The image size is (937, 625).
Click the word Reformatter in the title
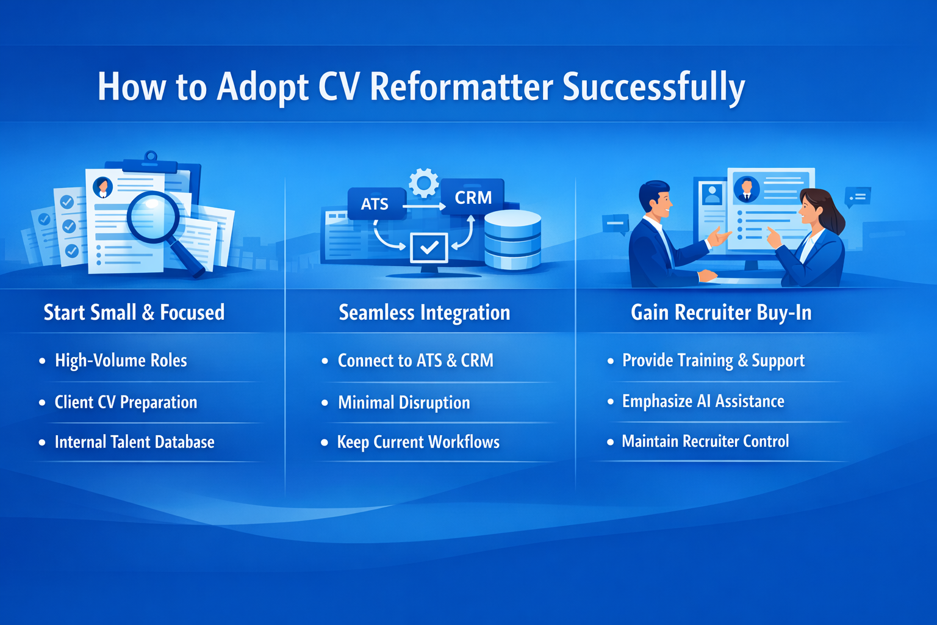pos(461,87)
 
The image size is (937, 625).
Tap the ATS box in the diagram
pos(376,204)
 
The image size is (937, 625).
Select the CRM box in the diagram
pos(473,197)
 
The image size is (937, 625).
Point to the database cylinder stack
pos(512,239)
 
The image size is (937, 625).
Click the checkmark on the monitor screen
pos(429,247)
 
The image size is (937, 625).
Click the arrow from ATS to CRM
pos(424,206)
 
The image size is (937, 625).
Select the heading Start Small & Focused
pos(134,312)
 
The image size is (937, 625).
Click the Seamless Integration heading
pos(425,312)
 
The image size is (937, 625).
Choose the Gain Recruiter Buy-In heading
pos(721,312)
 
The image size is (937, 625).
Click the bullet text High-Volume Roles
pos(121,361)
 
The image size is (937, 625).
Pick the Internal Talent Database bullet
pos(134,442)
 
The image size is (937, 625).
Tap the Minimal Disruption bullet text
pos(404,403)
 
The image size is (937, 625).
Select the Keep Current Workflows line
pos(418,442)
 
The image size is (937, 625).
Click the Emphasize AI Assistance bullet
pos(703,401)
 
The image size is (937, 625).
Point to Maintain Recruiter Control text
pos(705,441)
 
